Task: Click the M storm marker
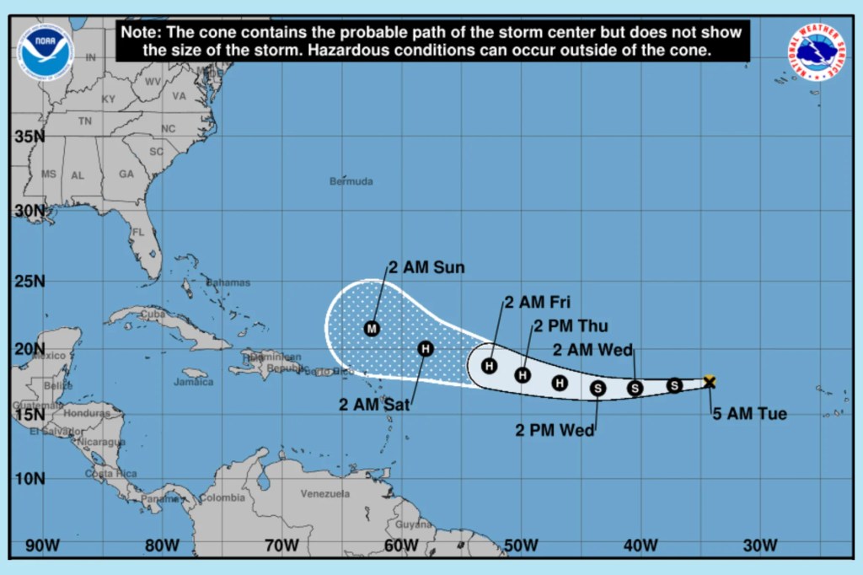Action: click(x=372, y=328)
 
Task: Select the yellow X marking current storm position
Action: click(x=710, y=382)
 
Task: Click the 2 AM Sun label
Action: click(x=426, y=268)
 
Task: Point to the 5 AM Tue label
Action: click(x=749, y=414)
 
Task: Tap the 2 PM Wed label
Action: click(x=555, y=430)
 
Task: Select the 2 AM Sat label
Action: click(x=374, y=405)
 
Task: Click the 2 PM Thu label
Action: click(x=571, y=326)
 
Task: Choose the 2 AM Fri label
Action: click(x=538, y=302)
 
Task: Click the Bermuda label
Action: click(x=351, y=181)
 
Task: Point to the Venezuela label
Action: click(x=324, y=494)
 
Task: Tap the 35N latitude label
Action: click(x=29, y=137)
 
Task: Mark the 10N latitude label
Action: click(x=29, y=478)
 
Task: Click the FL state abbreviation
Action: click(x=138, y=232)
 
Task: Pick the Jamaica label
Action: click(x=194, y=382)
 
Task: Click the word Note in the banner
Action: click(x=140, y=32)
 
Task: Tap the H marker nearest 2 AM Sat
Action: click(x=426, y=348)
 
